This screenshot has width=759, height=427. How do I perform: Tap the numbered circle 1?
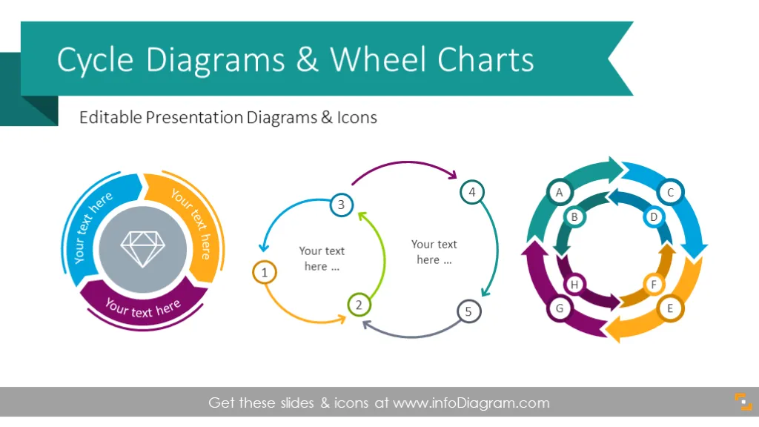pos(265,273)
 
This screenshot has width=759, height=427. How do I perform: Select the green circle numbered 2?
pos(359,305)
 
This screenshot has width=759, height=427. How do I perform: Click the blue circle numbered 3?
pos(341,205)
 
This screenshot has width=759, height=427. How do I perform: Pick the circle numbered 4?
pos(472,192)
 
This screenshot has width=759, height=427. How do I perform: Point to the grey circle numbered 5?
pos(468,311)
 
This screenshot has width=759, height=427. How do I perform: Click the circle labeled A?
pos(560,192)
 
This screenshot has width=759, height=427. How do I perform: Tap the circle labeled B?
pos(574,217)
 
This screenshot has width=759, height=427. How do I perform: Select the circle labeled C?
pos(670,192)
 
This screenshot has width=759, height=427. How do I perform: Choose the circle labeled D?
pos(654,217)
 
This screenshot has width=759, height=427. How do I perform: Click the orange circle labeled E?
pos(670,308)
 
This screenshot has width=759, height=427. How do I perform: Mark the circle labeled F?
pos(654,284)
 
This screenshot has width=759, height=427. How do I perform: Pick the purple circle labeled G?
pos(560,308)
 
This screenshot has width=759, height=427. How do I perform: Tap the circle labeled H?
pos(574,284)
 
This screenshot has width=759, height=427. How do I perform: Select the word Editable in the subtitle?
pos(111,117)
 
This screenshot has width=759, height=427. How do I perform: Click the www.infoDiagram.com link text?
pos(471,403)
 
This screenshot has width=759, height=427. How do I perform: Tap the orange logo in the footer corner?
pos(743,402)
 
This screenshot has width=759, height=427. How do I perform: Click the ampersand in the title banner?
pos(308,59)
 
